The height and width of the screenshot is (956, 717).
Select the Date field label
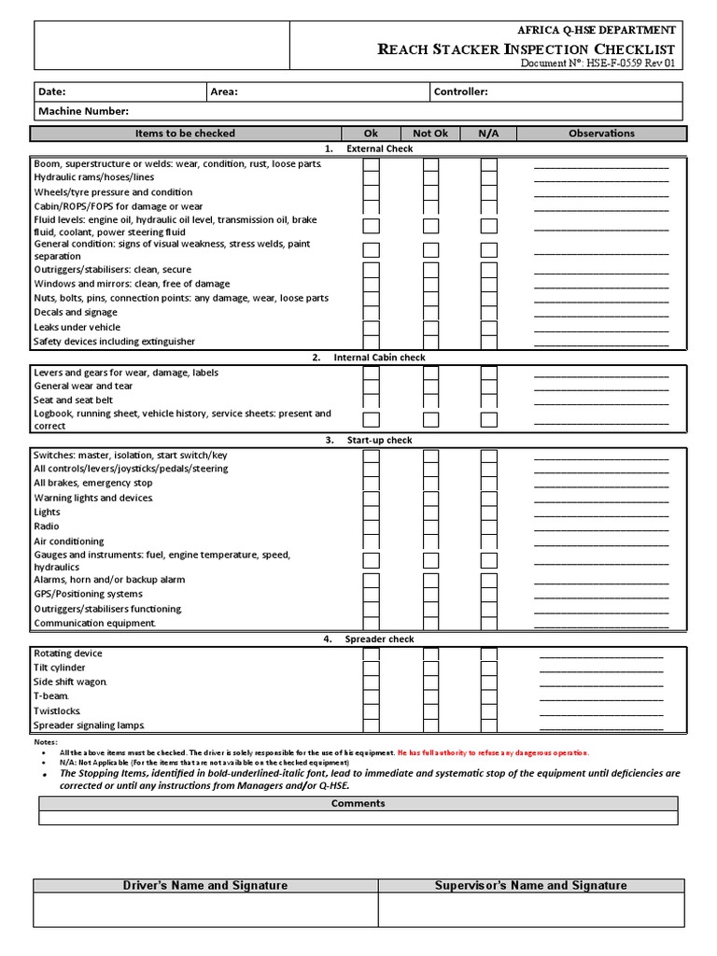tap(51, 91)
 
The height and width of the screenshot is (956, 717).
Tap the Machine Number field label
tap(83, 111)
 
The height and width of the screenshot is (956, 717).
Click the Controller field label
tap(460, 91)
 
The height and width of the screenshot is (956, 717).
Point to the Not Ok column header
tap(430, 134)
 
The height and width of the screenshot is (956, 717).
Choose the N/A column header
tap(488, 134)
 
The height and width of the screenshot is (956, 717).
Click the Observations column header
tap(601, 134)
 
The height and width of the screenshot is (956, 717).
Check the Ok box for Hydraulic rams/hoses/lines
tap(371, 177)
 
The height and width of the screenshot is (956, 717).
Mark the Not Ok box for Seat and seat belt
tap(430, 400)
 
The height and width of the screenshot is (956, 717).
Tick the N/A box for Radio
tap(488, 527)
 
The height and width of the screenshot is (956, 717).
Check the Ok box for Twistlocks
tap(371, 710)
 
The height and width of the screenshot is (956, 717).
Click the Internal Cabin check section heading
tap(379, 358)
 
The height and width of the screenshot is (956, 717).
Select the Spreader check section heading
tap(379, 640)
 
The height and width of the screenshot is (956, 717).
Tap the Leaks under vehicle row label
tap(77, 327)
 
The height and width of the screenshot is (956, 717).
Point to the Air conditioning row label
tap(69, 541)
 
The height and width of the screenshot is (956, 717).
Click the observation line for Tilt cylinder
tap(601, 670)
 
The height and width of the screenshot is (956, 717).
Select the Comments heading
tap(358, 803)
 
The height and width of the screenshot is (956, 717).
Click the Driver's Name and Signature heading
tap(205, 885)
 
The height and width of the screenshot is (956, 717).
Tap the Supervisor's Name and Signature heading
tap(530, 885)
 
